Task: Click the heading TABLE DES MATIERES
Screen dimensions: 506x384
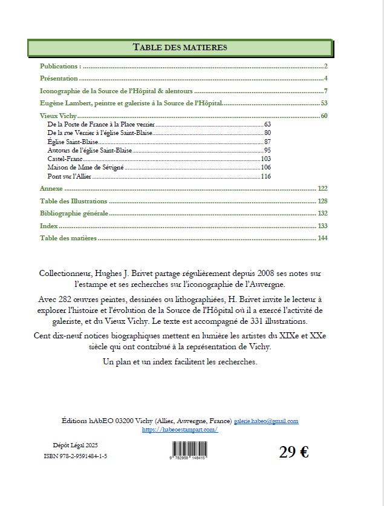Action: (180, 47)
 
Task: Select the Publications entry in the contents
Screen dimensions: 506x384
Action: (60, 65)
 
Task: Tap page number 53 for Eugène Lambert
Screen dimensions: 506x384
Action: (324, 103)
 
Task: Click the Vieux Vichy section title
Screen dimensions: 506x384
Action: (58, 116)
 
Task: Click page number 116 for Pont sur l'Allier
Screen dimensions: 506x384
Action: (265, 176)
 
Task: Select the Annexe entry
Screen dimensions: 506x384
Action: (51, 188)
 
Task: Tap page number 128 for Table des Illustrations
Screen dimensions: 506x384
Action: (322, 201)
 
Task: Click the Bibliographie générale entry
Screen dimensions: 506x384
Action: (74, 213)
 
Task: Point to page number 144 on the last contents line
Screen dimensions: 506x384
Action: (322, 238)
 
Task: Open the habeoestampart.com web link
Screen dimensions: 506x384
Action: (180, 429)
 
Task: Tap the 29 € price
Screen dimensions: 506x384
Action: (294, 452)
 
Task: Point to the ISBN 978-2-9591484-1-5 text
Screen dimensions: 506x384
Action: (76, 456)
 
